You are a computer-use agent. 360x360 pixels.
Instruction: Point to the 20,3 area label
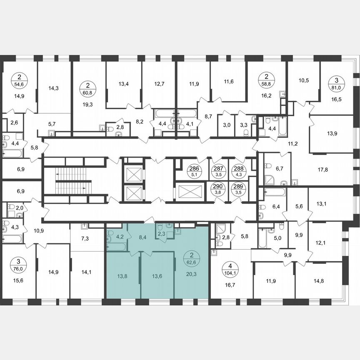pyautogui.click(x=191, y=274)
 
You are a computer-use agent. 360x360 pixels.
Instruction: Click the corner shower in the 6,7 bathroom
pyautogui.click(x=269, y=179)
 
